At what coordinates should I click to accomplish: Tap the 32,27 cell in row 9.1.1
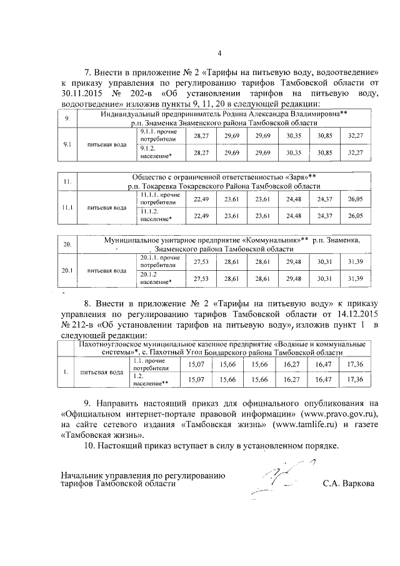point(355,135)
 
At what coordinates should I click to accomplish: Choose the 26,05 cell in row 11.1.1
point(355,198)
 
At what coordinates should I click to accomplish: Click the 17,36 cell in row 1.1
point(355,363)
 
